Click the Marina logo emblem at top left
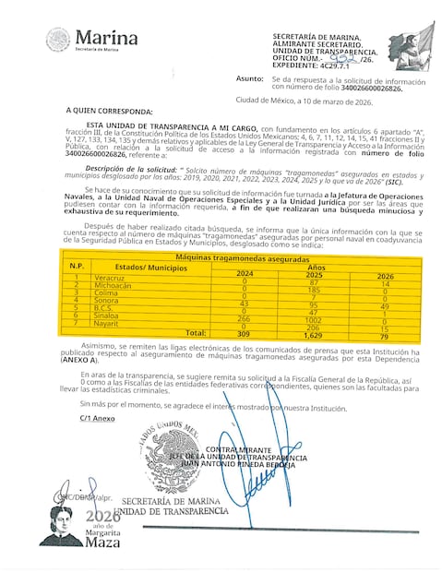click(x=57, y=41)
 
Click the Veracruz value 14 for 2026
click(x=385, y=280)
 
